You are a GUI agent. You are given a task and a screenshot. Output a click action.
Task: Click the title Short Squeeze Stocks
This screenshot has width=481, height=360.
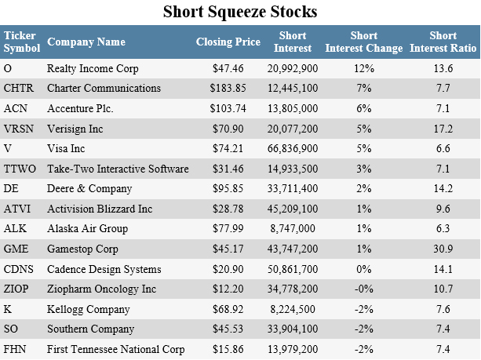[240, 13]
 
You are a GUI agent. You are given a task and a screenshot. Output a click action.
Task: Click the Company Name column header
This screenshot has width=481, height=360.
[86, 42]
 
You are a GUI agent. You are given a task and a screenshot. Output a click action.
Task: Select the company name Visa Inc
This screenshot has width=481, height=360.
[69, 147]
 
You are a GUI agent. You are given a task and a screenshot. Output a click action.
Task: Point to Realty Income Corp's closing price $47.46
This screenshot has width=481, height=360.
[228, 67]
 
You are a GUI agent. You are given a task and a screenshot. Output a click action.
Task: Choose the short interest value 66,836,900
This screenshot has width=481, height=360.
[297, 147]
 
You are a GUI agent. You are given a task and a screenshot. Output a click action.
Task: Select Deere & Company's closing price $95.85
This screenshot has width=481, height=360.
[228, 187]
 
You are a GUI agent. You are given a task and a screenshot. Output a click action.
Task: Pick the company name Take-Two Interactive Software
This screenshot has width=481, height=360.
[118, 168]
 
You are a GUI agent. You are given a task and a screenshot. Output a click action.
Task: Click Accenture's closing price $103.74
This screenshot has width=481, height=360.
[225, 107]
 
